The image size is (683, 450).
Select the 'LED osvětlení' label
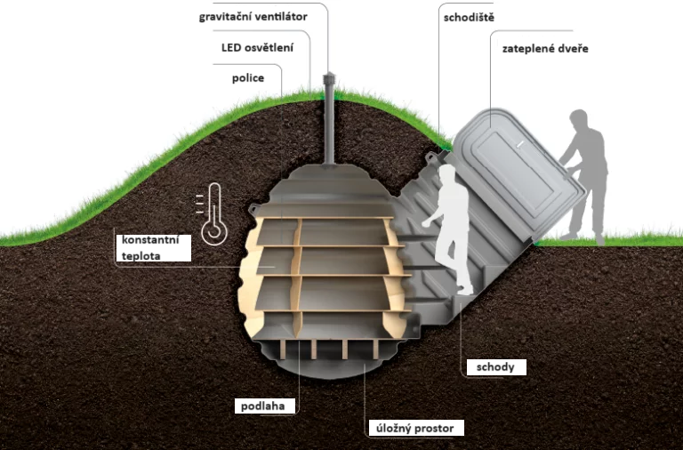(264, 47)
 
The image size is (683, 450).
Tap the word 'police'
(248, 78)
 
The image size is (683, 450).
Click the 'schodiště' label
(468, 18)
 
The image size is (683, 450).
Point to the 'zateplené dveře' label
(544, 48)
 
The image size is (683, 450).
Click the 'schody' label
(494, 366)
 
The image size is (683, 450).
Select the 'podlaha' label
(262, 406)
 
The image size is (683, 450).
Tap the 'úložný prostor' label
(415, 428)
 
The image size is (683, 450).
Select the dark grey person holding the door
(583, 174)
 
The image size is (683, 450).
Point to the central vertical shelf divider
(298, 267)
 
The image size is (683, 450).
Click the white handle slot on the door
(520, 142)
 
